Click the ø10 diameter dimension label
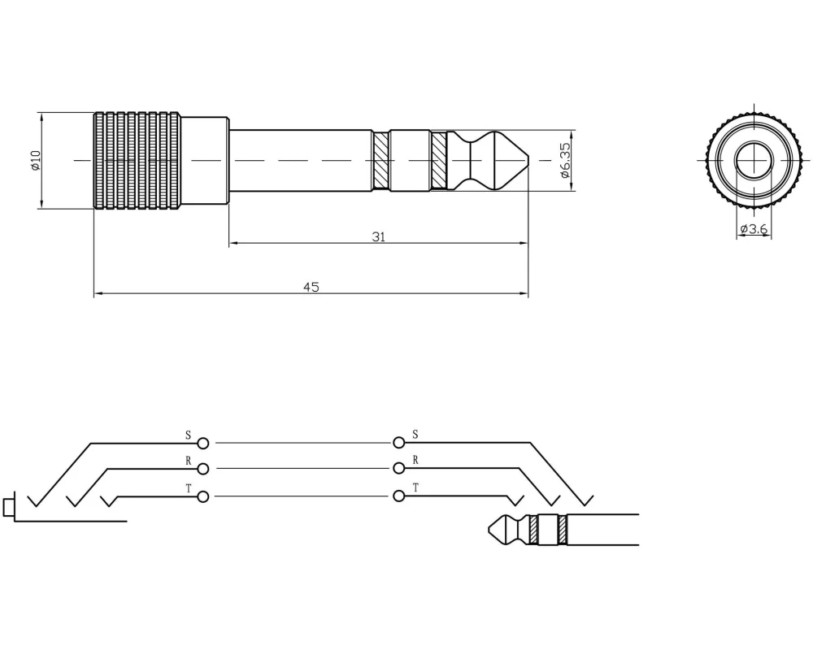point(35,161)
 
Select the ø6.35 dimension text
point(565,160)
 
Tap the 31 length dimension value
point(379,237)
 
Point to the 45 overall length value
point(311,287)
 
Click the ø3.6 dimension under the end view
point(754,228)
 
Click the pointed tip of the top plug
point(528,160)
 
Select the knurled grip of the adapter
point(137,161)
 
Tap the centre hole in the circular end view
point(754,160)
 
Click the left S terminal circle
point(203,443)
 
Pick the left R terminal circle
point(203,469)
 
